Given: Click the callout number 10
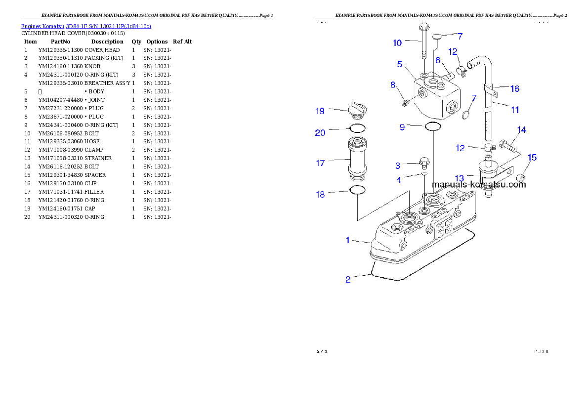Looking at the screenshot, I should point(397,43).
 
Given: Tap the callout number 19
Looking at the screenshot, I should point(320,111).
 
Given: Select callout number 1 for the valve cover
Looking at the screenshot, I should point(348,240).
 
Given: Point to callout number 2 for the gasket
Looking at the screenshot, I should point(348,280).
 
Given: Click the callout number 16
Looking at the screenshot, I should point(515,89).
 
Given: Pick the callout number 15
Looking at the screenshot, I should point(532,158).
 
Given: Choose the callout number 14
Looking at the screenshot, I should point(522,130).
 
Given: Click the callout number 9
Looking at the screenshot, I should point(402,127).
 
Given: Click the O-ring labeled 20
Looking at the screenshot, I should point(357,129).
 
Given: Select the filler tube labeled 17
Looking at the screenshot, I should point(358,159).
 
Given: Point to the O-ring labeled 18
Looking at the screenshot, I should point(357,190).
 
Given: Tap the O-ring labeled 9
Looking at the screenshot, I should point(433,127).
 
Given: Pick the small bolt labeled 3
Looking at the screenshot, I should point(423,162).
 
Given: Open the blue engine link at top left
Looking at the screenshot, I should point(86,26).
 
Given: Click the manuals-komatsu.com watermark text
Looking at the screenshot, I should point(479,185).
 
